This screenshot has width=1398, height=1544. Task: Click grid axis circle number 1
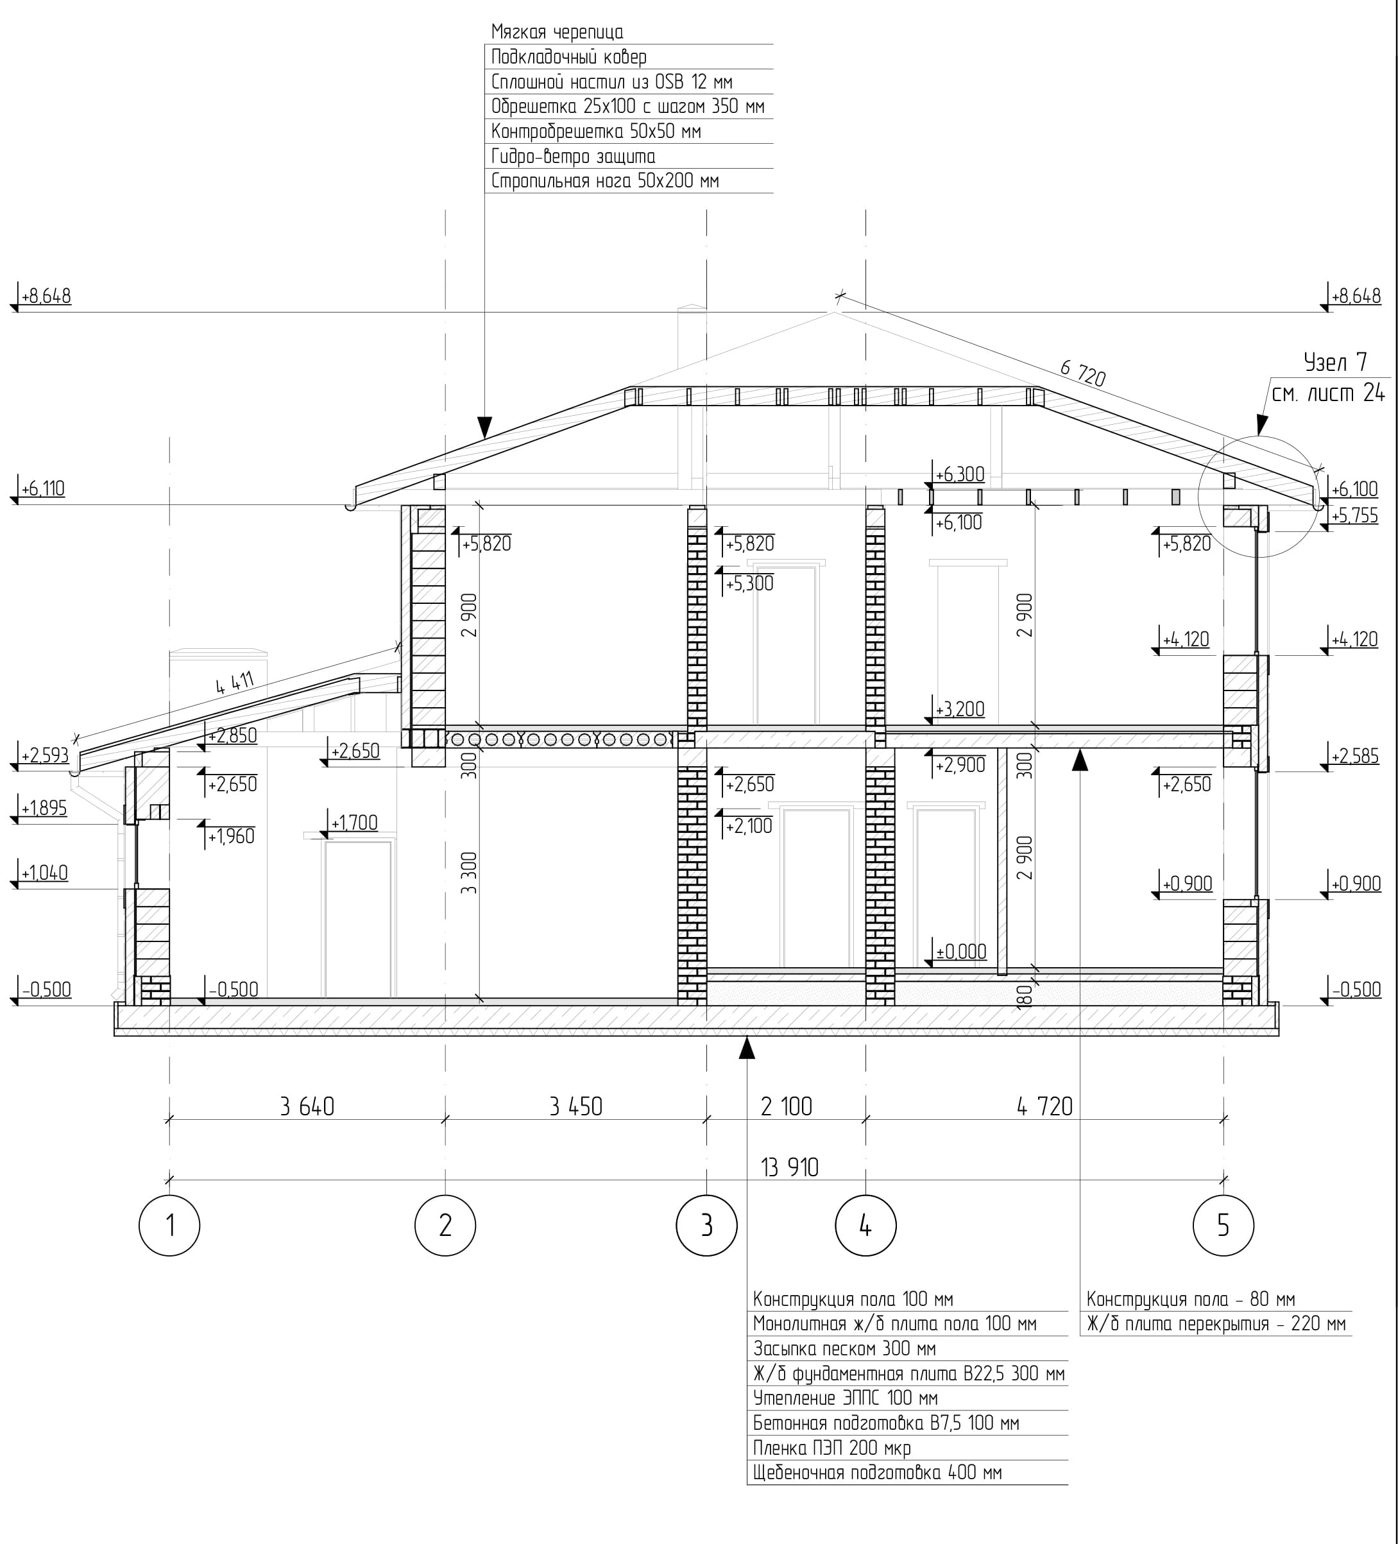pos(169,1226)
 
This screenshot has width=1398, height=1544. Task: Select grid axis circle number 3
pos(706,1226)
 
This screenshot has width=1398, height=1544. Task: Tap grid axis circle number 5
pos(1223,1226)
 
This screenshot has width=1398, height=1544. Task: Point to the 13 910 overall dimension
pos(789,1167)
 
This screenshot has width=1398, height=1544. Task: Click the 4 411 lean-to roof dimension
pos(234,682)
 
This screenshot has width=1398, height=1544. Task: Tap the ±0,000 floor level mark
pos(962,951)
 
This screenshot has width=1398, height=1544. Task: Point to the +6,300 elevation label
pos(960,474)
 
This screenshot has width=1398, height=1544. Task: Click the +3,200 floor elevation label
pos(960,709)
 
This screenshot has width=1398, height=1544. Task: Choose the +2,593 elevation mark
pos(45,756)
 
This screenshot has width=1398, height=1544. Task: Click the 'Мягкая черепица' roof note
pos(558,32)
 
